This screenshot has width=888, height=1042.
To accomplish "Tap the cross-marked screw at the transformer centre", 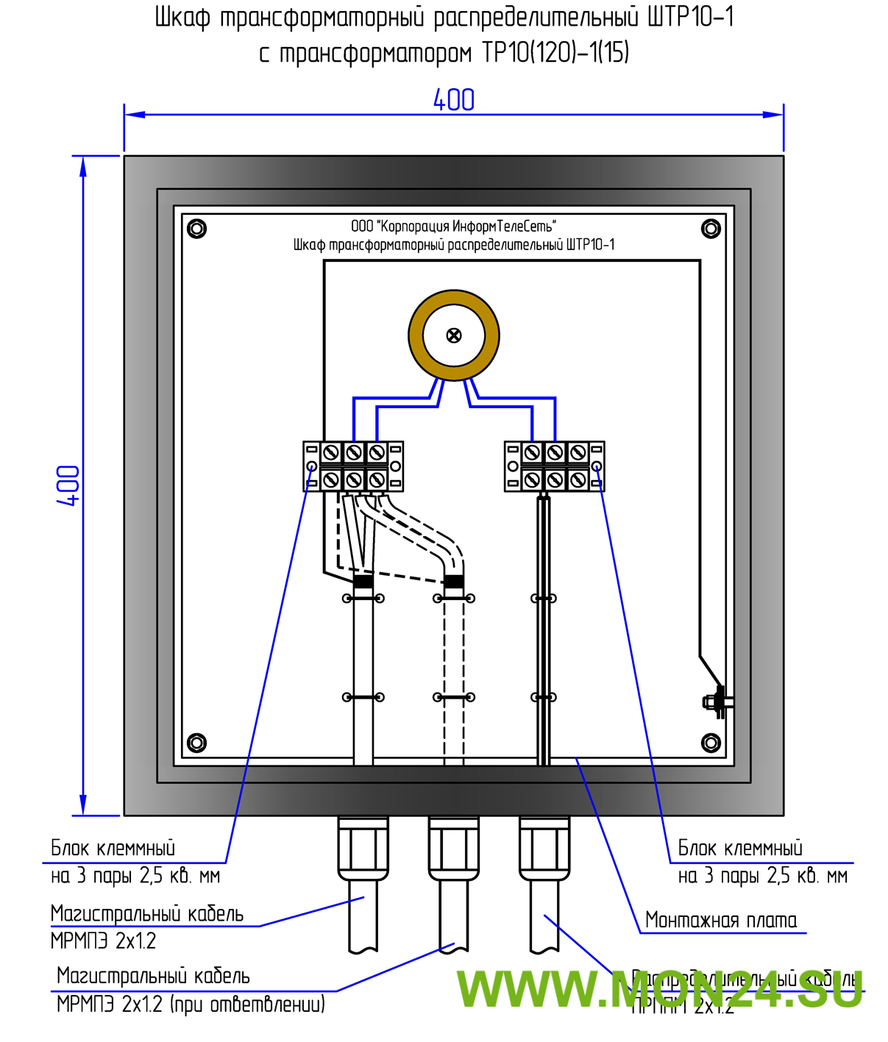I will [x=454, y=336].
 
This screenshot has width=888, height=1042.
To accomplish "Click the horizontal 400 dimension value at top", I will [x=453, y=100].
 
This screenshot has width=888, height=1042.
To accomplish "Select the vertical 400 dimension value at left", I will [x=68, y=485].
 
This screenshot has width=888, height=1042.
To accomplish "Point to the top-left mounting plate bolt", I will [x=196, y=229].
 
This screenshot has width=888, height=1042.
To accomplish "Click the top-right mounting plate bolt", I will [x=711, y=229].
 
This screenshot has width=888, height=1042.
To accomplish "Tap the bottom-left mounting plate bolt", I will [x=196, y=743].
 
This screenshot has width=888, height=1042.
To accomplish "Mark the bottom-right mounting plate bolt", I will [x=711, y=743].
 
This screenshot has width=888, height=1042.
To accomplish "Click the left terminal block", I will [x=353, y=466].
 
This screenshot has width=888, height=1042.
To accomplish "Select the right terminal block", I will [x=555, y=466].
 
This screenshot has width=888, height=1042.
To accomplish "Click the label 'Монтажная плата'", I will [x=721, y=921].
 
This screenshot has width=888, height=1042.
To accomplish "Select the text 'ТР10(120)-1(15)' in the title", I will [x=555, y=53].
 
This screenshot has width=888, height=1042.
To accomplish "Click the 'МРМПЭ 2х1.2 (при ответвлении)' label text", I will [x=191, y=1004].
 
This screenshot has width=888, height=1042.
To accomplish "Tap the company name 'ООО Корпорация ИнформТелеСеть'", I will [x=453, y=226].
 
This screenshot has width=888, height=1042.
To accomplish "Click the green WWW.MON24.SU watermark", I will [x=659, y=989].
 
